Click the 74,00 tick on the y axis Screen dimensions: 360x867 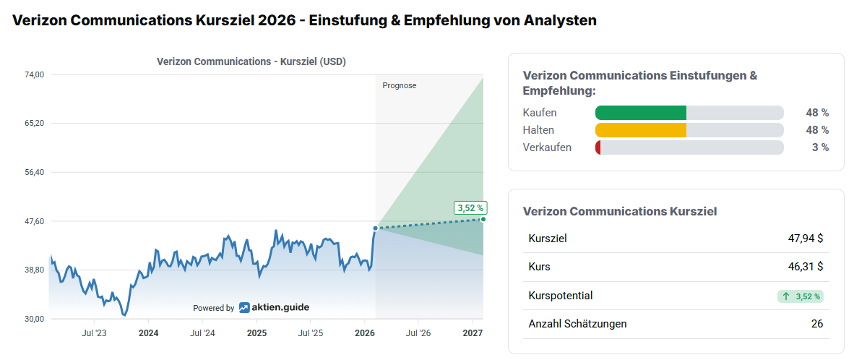pyautogui.click(x=35, y=74)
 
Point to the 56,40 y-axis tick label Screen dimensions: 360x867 pyautogui.click(x=35, y=172)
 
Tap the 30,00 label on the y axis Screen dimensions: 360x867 pyautogui.click(x=35, y=319)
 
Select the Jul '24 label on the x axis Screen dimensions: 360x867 pyautogui.click(x=202, y=333)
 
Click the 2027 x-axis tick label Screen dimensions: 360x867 pyautogui.click(x=473, y=333)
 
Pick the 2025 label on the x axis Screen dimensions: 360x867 pyautogui.click(x=256, y=333)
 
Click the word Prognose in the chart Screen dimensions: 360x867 pyautogui.click(x=400, y=85)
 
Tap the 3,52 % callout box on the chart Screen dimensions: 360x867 pyautogui.click(x=470, y=207)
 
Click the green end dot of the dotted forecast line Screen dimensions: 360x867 pyautogui.click(x=483, y=219)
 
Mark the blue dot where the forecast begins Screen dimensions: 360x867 pyautogui.click(x=376, y=228)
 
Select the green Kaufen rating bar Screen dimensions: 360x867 pyautogui.click(x=640, y=113)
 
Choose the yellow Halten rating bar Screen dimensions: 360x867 pyautogui.click(x=640, y=130)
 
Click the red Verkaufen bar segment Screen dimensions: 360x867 pyautogui.click(x=598, y=147)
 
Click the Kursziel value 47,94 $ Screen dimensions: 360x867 pyautogui.click(x=806, y=238)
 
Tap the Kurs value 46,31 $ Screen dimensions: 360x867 pyautogui.click(x=806, y=267)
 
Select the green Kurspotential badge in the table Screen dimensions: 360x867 pyautogui.click(x=801, y=296)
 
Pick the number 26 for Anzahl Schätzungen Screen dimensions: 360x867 pyautogui.click(x=817, y=324)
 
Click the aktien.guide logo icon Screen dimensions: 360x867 pyautogui.click(x=245, y=307)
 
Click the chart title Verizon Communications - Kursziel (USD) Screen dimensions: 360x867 pyautogui.click(x=251, y=61)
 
